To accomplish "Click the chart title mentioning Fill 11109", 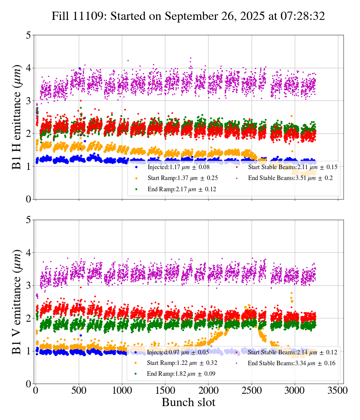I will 188,16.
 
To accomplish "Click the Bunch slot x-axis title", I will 188,403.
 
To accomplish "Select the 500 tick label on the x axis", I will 79,390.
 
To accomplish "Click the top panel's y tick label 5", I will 28,36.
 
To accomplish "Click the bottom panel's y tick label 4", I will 28,253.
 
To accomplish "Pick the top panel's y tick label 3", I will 28,101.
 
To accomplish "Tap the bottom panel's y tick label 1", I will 28,351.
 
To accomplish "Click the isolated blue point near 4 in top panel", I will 79,69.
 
